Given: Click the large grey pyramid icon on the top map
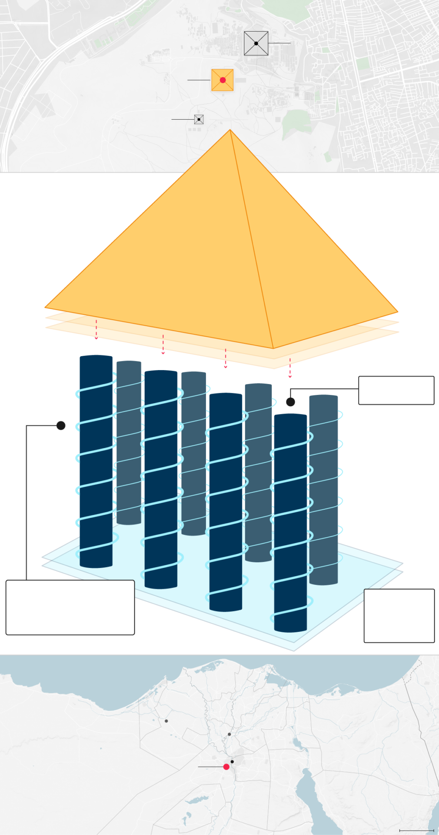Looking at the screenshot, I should [x=256, y=43].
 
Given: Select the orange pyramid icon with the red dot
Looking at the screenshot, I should [x=223, y=80].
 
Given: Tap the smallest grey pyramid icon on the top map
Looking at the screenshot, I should [x=199, y=119].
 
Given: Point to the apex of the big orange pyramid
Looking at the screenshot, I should [x=230, y=130].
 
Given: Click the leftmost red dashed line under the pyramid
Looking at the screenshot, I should [x=96, y=327].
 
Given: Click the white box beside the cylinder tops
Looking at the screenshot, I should [x=396, y=390].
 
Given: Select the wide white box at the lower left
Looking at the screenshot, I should [x=70, y=607].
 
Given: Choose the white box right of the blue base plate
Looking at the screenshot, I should [x=399, y=615].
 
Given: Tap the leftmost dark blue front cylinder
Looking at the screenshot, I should [x=96, y=478].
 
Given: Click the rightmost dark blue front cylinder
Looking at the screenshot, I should [x=290, y=522].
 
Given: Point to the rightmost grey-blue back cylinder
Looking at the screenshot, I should [x=324, y=487].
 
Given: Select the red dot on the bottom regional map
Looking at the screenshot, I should [x=226, y=767].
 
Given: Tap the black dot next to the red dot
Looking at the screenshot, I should [x=232, y=762].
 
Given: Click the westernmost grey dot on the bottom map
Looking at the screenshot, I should [x=166, y=721].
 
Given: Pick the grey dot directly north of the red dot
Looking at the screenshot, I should [x=229, y=734].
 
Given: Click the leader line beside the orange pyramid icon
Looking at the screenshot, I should [x=199, y=80].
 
